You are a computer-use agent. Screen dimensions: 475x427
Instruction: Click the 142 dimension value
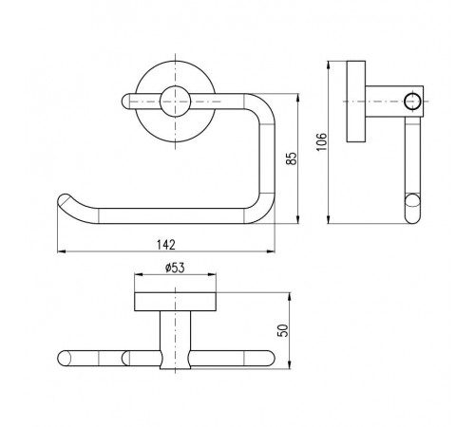pyautogui.click(x=166, y=245)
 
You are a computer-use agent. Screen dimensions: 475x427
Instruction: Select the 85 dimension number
pyautogui.click(x=292, y=158)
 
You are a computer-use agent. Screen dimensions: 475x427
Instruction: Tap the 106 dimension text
pyautogui.click(x=321, y=142)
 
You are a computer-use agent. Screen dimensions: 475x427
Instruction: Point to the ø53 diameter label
pyautogui.click(x=175, y=268)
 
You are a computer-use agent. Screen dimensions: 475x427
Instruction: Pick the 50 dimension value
pyautogui.click(x=283, y=330)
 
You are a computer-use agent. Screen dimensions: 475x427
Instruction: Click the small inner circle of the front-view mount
pyautogui.click(x=175, y=102)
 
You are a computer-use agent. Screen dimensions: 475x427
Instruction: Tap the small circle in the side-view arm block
pyautogui.click(x=413, y=102)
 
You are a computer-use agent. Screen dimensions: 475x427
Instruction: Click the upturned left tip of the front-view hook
pyautogui.click(x=65, y=200)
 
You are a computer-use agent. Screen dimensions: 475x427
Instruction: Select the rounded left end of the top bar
pyautogui.click(x=126, y=102)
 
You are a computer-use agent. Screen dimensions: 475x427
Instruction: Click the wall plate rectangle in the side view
pyautogui.click(x=356, y=102)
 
